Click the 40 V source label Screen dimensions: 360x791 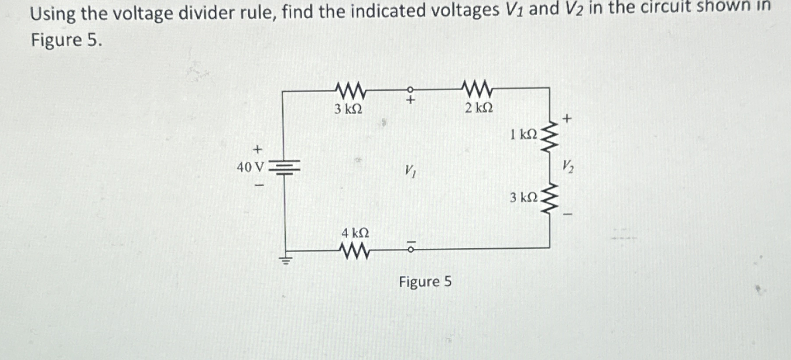(x=250, y=167)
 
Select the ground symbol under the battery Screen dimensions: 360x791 (x=285, y=261)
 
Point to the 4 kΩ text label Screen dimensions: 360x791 (x=355, y=233)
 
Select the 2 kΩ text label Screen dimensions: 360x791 (x=479, y=108)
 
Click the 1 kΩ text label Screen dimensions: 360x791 (x=524, y=134)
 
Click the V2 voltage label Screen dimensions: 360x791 (x=567, y=166)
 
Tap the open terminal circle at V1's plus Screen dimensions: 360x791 (x=410, y=89)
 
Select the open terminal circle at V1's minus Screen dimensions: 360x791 (x=410, y=250)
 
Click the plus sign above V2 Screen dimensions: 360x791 (x=567, y=118)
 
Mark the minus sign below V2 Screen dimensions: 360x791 (x=567, y=214)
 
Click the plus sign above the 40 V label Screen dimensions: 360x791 (x=258, y=150)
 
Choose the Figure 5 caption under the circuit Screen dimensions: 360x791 (x=425, y=282)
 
